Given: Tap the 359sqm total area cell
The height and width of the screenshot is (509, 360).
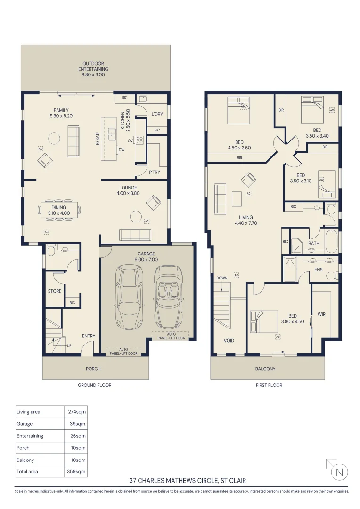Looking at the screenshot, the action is [x=76, y=471].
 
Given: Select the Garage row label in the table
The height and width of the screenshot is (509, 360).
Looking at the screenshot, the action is [x=25, y=424].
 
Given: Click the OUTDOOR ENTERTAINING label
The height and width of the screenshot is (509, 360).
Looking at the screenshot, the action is [x=93, y=66].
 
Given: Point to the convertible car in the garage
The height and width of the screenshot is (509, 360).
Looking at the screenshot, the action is [x=167, y=297].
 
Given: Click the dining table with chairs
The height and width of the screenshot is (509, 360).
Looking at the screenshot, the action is [x=59, y=210].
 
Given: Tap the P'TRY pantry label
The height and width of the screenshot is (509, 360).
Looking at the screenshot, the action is [x=155, y=172].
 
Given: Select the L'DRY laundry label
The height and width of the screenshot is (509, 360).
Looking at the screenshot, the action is [x=157, y=114].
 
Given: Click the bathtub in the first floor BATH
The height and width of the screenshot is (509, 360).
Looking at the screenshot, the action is [x=331, y=241].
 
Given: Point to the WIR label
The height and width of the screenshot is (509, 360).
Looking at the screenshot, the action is [x=321, y=314].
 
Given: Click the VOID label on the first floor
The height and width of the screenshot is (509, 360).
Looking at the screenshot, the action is [x=229, y=341].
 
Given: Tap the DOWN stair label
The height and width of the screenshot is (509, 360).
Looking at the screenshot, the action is [x=222, y=278].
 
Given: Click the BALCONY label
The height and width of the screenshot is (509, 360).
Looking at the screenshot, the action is [x=265, y=369].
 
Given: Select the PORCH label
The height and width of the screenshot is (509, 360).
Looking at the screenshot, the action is [x=93, y=369].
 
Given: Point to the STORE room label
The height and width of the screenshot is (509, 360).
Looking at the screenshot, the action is [x=55, y=291].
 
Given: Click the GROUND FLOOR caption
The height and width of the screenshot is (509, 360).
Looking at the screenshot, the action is [x=94, y=385].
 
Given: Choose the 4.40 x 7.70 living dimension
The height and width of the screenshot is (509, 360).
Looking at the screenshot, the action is [x=246, y=223].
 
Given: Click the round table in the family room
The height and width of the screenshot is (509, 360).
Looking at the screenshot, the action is [x=54, y=139].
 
